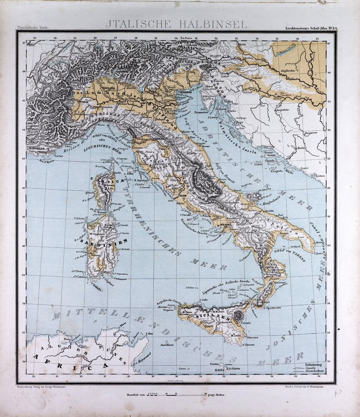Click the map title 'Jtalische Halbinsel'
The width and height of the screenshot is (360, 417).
point(177,24)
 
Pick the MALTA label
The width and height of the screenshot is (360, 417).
point(215,369)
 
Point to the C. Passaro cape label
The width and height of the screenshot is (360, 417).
point(249,345)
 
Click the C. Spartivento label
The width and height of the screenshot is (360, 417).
point(276,309)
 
